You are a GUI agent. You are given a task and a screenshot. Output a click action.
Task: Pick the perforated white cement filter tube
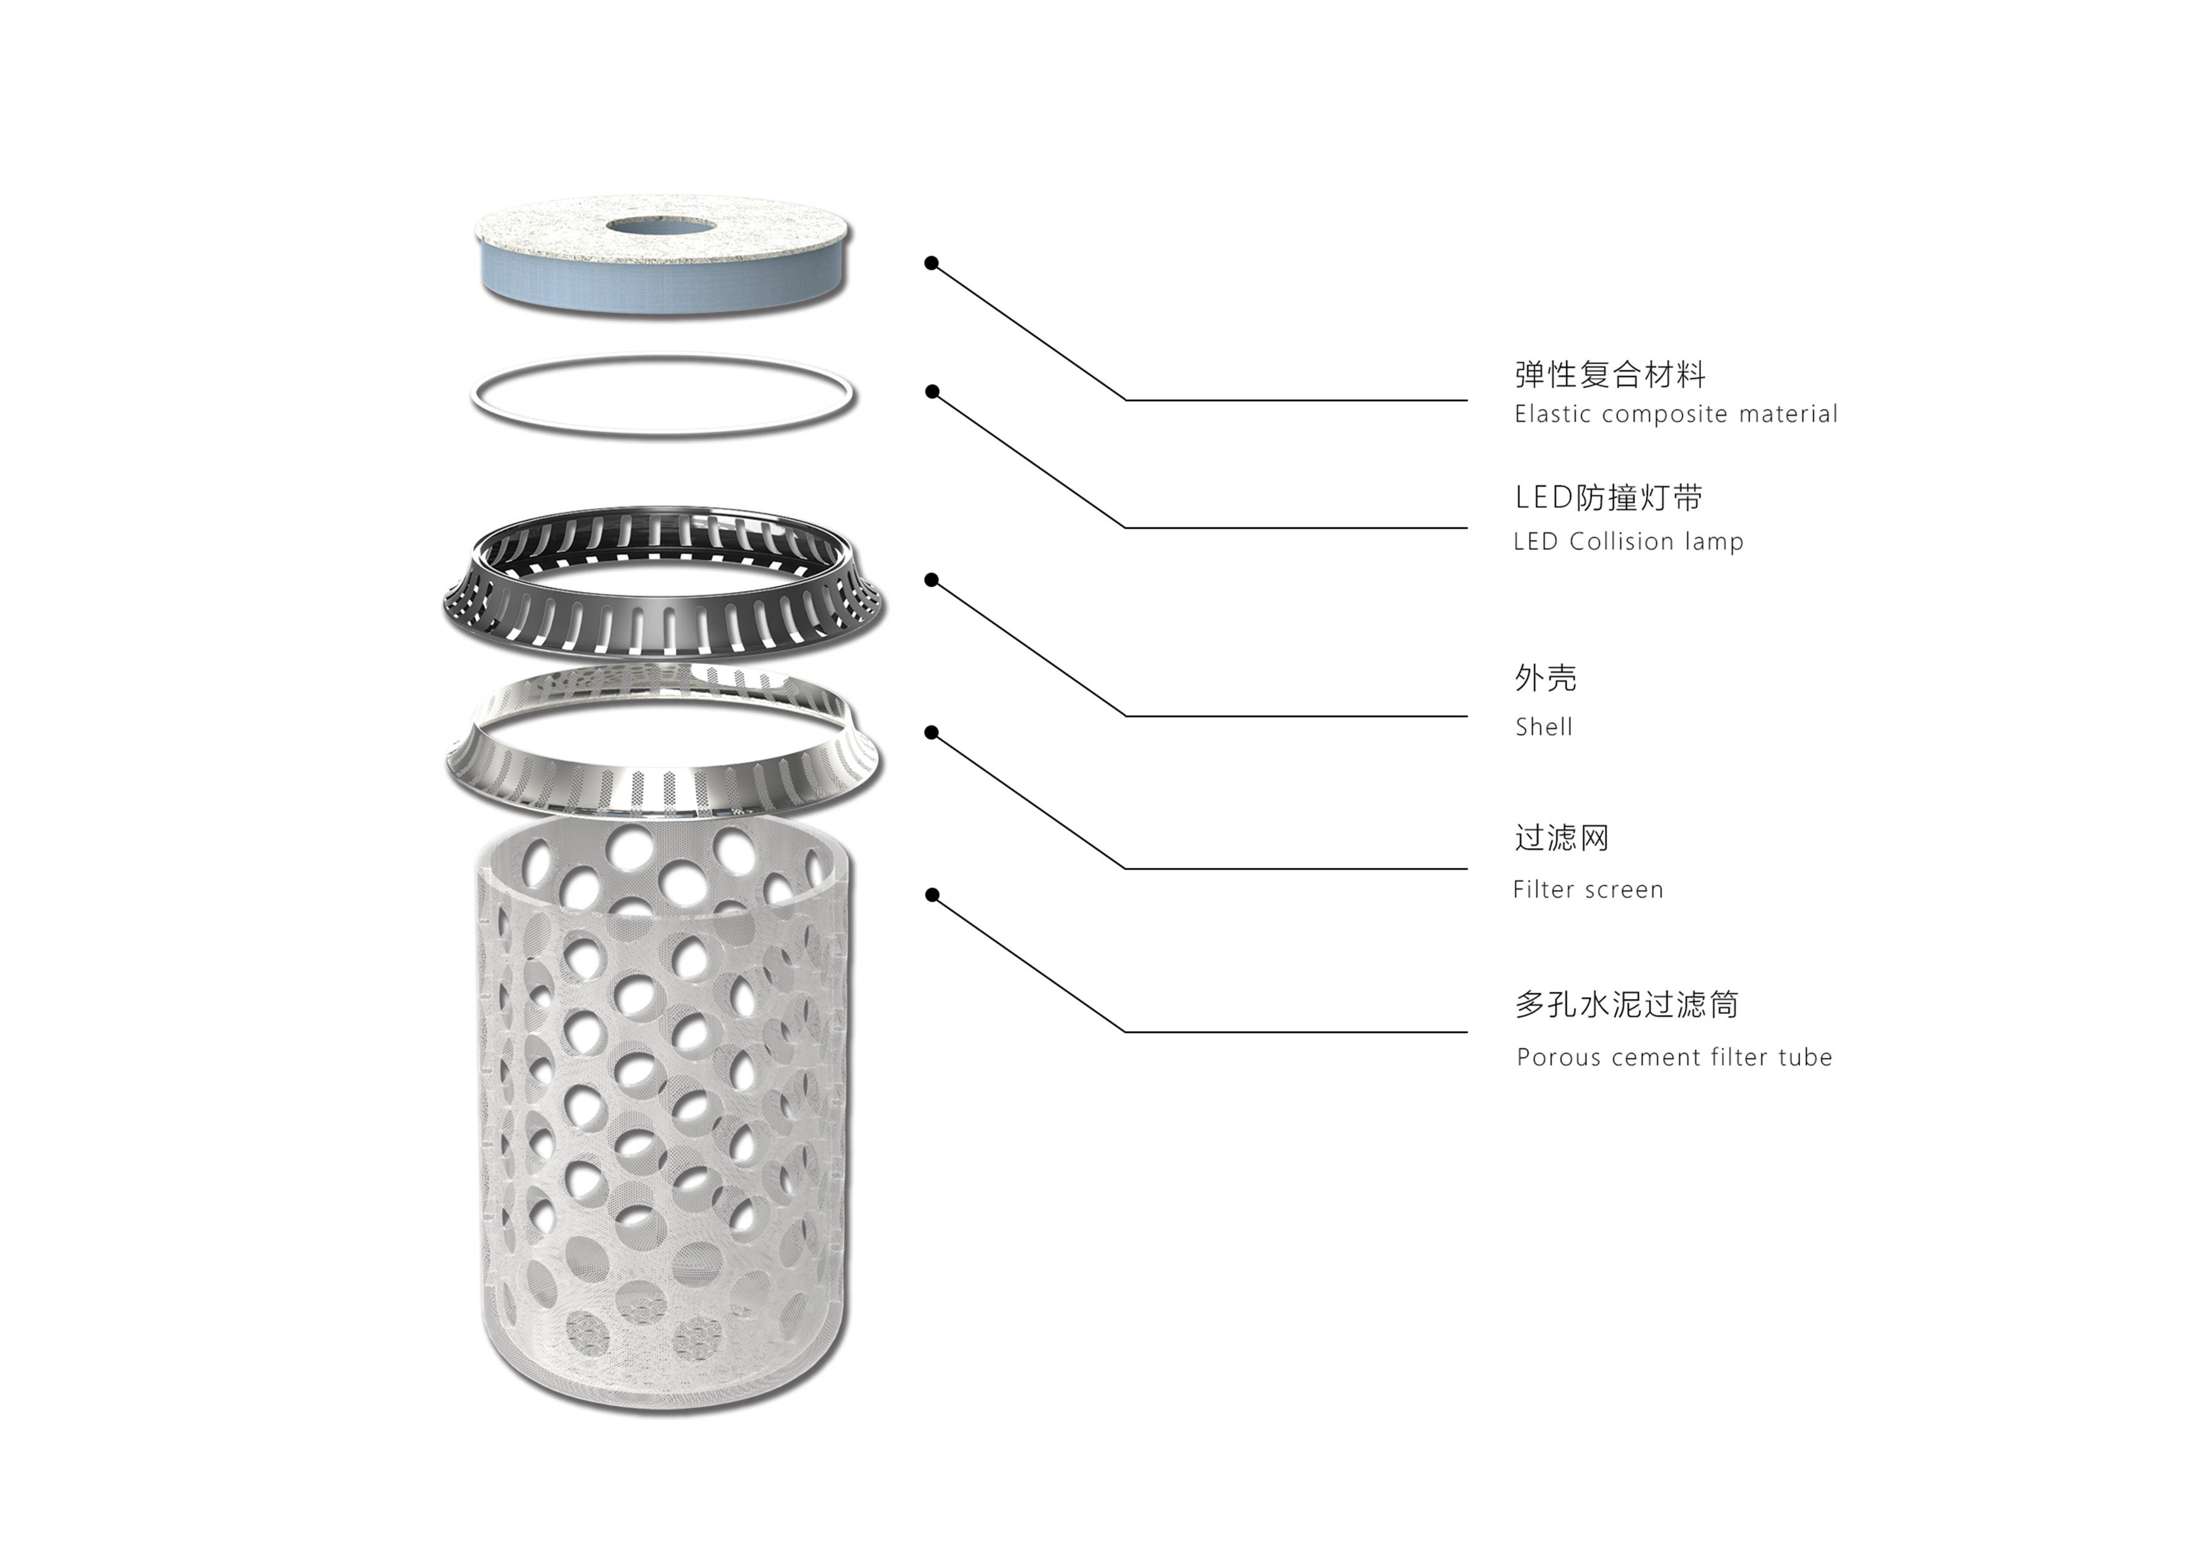663,1105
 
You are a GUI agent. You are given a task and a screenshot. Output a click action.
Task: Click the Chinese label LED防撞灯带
1608,498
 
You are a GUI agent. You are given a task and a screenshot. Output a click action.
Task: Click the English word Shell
1543,727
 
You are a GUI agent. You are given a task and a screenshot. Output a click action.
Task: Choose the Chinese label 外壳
1545,678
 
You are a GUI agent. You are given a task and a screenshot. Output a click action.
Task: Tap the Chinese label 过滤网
1561,837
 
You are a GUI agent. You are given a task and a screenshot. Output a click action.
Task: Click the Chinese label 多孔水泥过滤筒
1627,1005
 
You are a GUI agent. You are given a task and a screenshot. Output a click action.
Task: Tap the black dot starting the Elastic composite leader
931,263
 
